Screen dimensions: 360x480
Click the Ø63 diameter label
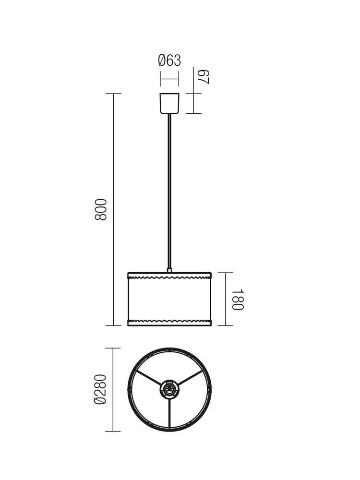(169, 60)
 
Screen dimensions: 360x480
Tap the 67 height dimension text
(204, 77)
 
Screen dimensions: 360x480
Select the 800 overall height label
(101, 209)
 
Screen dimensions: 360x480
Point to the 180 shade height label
(238, 300)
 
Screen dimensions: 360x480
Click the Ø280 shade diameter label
(100, 389)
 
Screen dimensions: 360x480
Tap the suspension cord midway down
(169, 192)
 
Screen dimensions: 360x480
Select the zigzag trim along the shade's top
(169, 278)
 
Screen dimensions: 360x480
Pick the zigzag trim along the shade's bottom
(169, 321)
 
